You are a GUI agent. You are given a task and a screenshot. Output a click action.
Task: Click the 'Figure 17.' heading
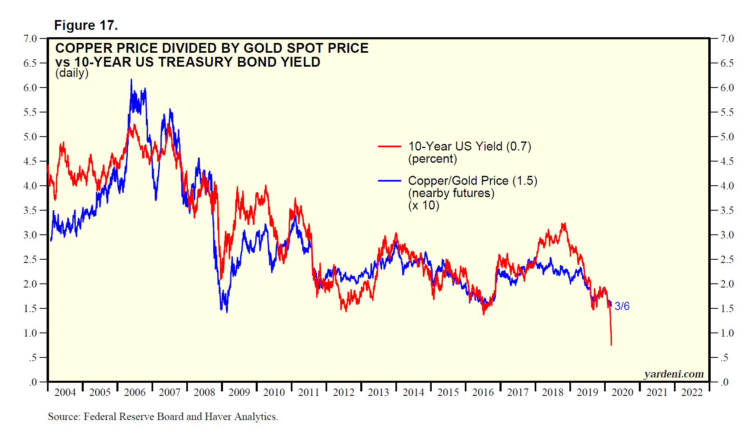point(86,25)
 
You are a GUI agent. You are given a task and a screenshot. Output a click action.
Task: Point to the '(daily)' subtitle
point(72,73)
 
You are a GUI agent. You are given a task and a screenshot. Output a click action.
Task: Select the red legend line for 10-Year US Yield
point(390,146)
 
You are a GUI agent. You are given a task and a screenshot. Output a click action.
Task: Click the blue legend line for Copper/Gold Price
point(390,180)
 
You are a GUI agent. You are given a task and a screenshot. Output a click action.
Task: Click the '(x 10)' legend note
point(424,205)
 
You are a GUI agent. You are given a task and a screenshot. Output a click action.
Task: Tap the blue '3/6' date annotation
point(622,306)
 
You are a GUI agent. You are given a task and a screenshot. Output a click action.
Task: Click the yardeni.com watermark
point(674,374)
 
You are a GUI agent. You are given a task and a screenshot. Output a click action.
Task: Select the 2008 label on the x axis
point(204,393)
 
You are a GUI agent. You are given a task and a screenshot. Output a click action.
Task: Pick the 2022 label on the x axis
point(692,393)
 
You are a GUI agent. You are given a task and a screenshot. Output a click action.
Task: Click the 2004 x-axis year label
point(65,393)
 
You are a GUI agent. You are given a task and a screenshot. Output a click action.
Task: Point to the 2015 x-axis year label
point(448,393)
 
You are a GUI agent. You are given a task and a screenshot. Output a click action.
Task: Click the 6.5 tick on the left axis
point(30,63)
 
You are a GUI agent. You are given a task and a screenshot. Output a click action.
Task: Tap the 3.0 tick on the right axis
point(727,235)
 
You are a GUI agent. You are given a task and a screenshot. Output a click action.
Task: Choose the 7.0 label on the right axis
point(727,39)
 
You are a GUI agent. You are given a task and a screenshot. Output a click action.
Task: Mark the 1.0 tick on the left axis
point(30,333)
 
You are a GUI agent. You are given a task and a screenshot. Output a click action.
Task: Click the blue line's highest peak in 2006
point(131,80)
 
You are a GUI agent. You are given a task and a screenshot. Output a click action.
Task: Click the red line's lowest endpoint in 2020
point(611,345)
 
